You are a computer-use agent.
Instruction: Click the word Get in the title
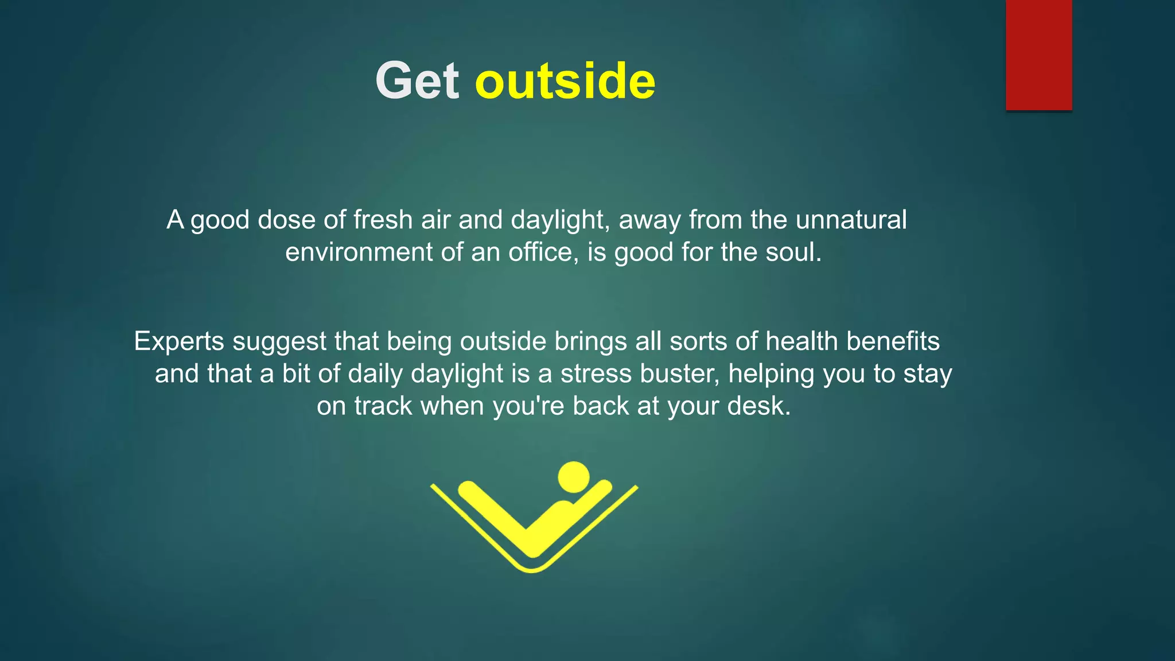(x=417, y=81)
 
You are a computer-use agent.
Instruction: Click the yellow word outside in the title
(x=565, y=81)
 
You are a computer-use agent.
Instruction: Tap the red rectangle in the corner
(x=1038, y=55)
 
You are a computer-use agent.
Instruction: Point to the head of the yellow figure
(x=573, y=477)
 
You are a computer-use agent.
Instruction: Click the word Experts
(x=179, y=341)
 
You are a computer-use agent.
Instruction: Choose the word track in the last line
(x=383, y=406)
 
